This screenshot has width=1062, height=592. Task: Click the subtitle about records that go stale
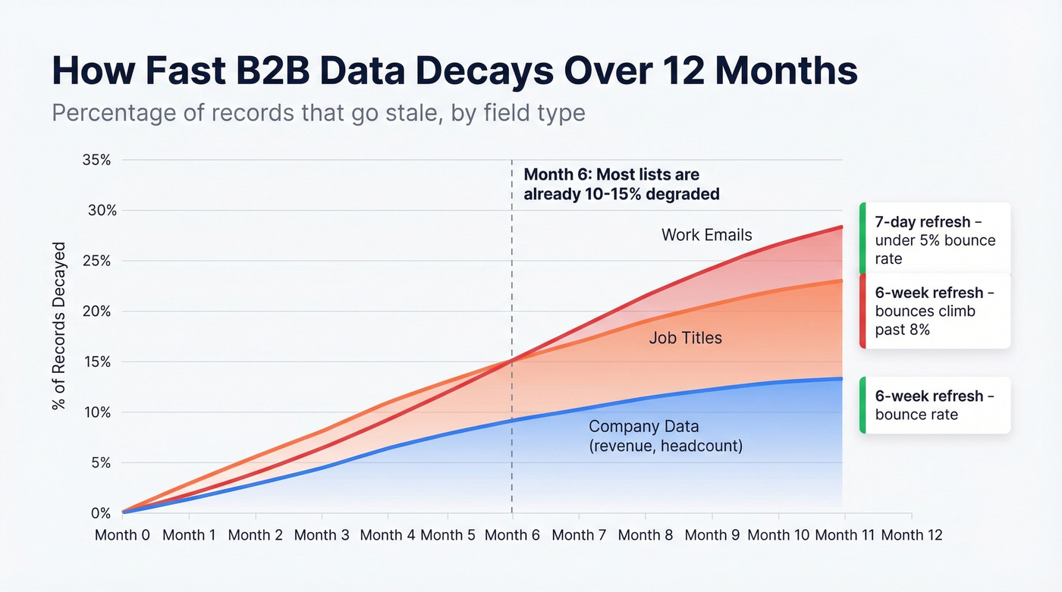tap(318, 113)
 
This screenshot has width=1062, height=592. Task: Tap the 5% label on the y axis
tap(102, 463)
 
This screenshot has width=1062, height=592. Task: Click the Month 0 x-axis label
tap(122, 535)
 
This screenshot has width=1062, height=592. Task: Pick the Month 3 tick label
tap(322, 535)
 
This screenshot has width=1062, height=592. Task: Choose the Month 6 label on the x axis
tap(512, 535)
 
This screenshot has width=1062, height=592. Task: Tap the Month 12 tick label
tap(912, 535)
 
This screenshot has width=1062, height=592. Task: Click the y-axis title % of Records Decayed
tap(59, 327)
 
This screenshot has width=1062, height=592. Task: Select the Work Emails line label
tap(706, 235)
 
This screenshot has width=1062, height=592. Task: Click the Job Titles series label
tap(685, 338)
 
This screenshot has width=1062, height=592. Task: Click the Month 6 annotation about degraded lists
tap(621, 184)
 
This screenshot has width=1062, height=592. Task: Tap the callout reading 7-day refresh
tap(935, 240)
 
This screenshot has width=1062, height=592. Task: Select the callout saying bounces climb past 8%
tap(935, 311)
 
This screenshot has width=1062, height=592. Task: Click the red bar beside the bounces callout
tap(862, 311)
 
